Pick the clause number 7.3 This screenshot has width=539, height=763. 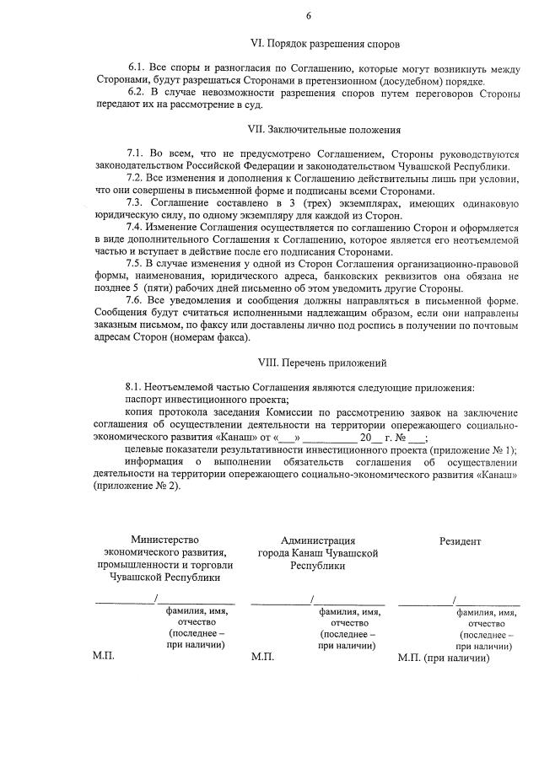coord(135,202)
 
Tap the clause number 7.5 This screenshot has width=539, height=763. coord(135,264)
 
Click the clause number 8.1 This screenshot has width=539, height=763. coord(135,387)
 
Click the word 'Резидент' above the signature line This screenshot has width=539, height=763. coord(461,540)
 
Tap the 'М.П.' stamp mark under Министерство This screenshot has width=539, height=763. coord(103,655)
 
